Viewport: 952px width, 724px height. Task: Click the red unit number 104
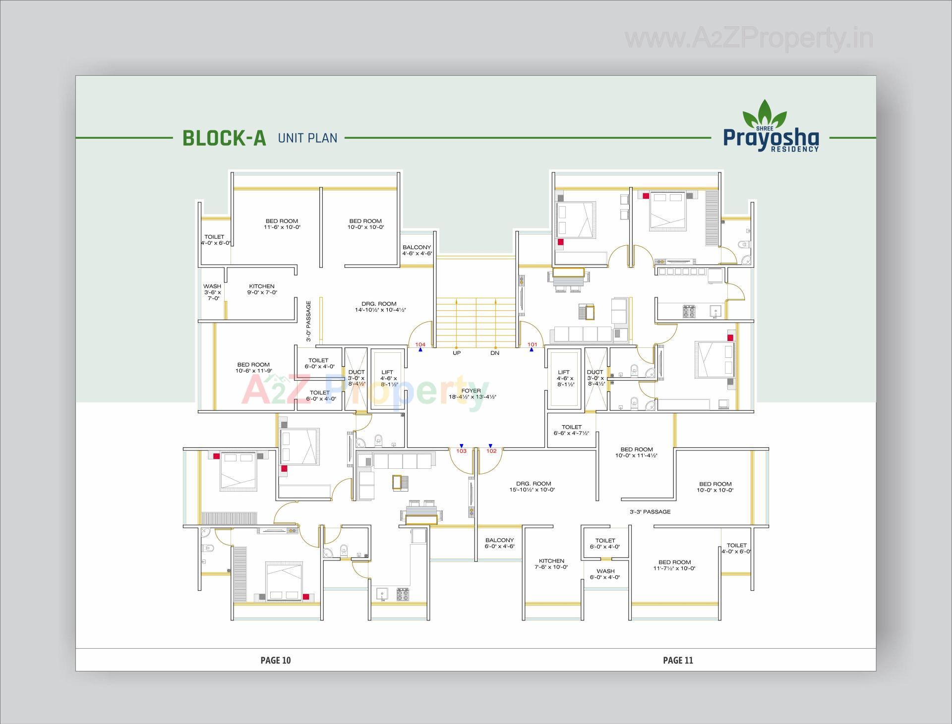point(420,344)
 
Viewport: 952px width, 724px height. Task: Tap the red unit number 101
point(532,344)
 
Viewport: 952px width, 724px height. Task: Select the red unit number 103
point(461,451)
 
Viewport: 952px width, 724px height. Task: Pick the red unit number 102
point(491,451)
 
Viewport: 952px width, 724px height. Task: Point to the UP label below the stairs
point(457,353)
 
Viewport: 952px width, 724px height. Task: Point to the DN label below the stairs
point(495,353)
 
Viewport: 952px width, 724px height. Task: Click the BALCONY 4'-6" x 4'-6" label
point(417,250)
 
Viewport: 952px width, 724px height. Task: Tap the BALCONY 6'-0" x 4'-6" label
point(500,543)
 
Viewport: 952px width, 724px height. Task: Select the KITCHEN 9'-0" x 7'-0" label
point(262,289)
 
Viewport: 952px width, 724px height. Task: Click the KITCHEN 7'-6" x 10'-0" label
point(551,564)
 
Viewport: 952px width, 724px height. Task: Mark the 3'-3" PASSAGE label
point(650,512)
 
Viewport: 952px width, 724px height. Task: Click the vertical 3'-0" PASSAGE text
point(308,321)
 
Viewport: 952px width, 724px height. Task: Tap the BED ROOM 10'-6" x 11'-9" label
point(253,368)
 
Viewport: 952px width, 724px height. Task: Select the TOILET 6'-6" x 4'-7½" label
point(571,430)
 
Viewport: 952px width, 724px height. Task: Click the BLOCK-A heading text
point(224,138)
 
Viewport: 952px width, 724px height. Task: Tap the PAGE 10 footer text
point(276,660)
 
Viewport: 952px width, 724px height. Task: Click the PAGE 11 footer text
point(678,660)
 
